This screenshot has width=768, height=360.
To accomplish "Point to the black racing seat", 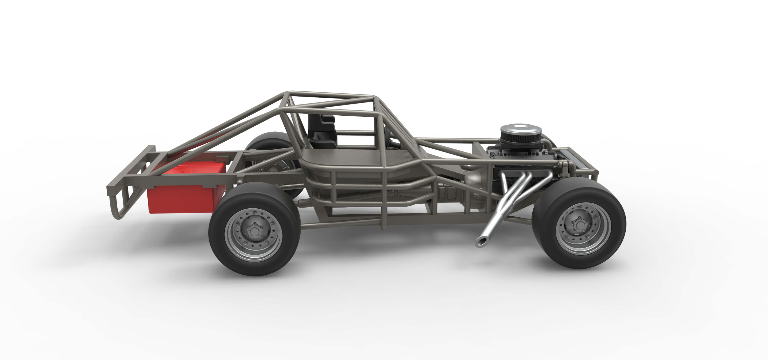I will tap(322, 131).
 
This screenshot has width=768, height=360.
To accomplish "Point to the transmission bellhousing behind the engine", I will tap(474, 179).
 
